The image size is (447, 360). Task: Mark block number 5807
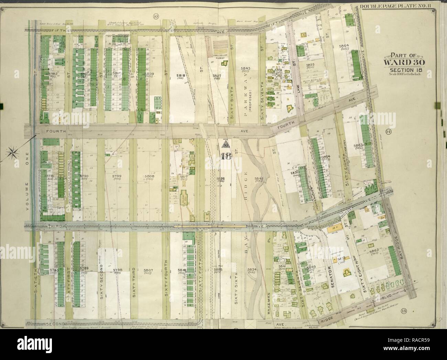(x=148, y=270)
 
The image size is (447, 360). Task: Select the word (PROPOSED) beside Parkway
(x=253, y=99)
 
